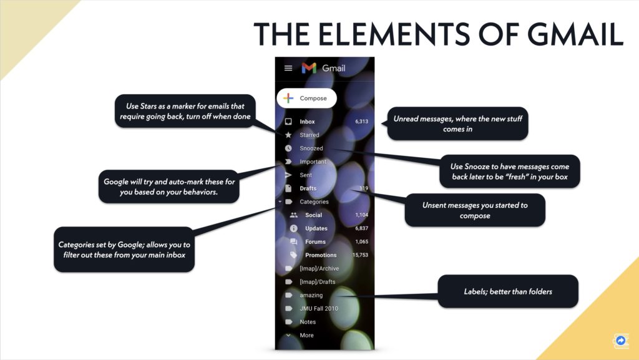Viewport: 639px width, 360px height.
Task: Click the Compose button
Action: pos(307,98)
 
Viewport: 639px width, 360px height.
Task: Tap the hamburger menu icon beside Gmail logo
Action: pos(288,68)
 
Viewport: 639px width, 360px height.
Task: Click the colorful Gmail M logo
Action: pos(309,68)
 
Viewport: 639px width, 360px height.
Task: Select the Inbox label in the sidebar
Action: pos(307,122)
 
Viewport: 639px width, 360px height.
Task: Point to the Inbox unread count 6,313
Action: pos(361,122)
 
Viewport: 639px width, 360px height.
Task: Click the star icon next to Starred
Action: pos(288,135)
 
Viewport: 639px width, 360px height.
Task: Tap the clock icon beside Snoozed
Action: pos(288,148)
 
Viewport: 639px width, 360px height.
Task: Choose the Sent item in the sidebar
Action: pos(306,175)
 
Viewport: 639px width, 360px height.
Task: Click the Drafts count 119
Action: pos(364,188)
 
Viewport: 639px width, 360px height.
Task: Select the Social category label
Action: pos(313,215)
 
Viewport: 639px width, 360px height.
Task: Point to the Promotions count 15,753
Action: pos(360,255)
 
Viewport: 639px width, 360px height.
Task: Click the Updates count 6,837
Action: pos(361,228)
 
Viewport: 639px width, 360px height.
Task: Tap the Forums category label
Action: pos(315,242)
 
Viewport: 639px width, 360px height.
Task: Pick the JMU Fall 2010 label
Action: pos(319,309)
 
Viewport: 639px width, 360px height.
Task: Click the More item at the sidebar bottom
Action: pos(306,336)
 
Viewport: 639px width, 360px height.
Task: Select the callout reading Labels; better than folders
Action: pos(508,291)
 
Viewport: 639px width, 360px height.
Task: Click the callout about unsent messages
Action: pos(475,210)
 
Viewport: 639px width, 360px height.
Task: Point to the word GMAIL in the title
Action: pos(575,34)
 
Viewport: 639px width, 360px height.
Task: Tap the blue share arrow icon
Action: pos(621,341)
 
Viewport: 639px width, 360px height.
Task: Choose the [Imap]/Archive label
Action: pos(319,269)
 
